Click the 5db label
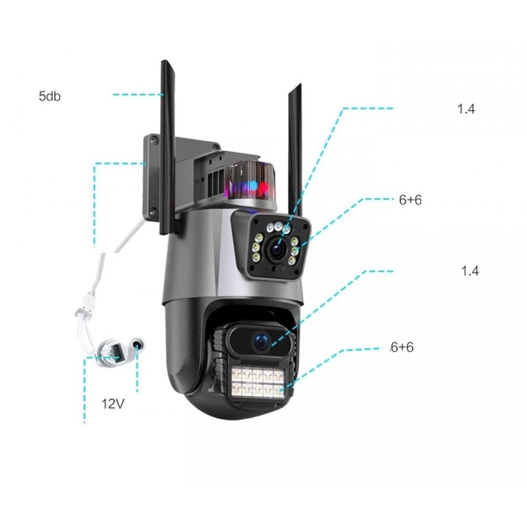click(50, 96)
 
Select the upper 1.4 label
click(466, 109)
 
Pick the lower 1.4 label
click(470, 271)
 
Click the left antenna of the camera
click(168, 148)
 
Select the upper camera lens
click(276, 249)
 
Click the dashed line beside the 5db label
click(137, 94)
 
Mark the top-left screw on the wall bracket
click(153, 140)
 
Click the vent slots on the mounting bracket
click(213, 179)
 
